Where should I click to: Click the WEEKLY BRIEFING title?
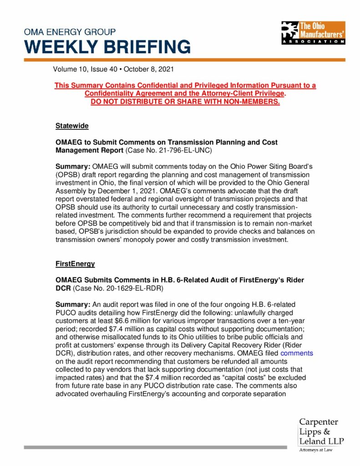pyautogui.click(x=107, y=46)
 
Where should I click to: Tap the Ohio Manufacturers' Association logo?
pyautogui.click(x=312, y=32)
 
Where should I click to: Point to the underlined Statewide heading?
pyautogui.click(x=72, y=125)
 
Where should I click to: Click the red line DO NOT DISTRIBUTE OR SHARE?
pyautogui.click(x=185, y=101)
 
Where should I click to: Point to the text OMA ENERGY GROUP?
pyautogui.click(x=70, y=32)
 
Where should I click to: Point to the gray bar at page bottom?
pyautogui.click(x=155, y=447)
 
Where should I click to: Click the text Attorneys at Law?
pyautogui.click(x=315, y=450)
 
